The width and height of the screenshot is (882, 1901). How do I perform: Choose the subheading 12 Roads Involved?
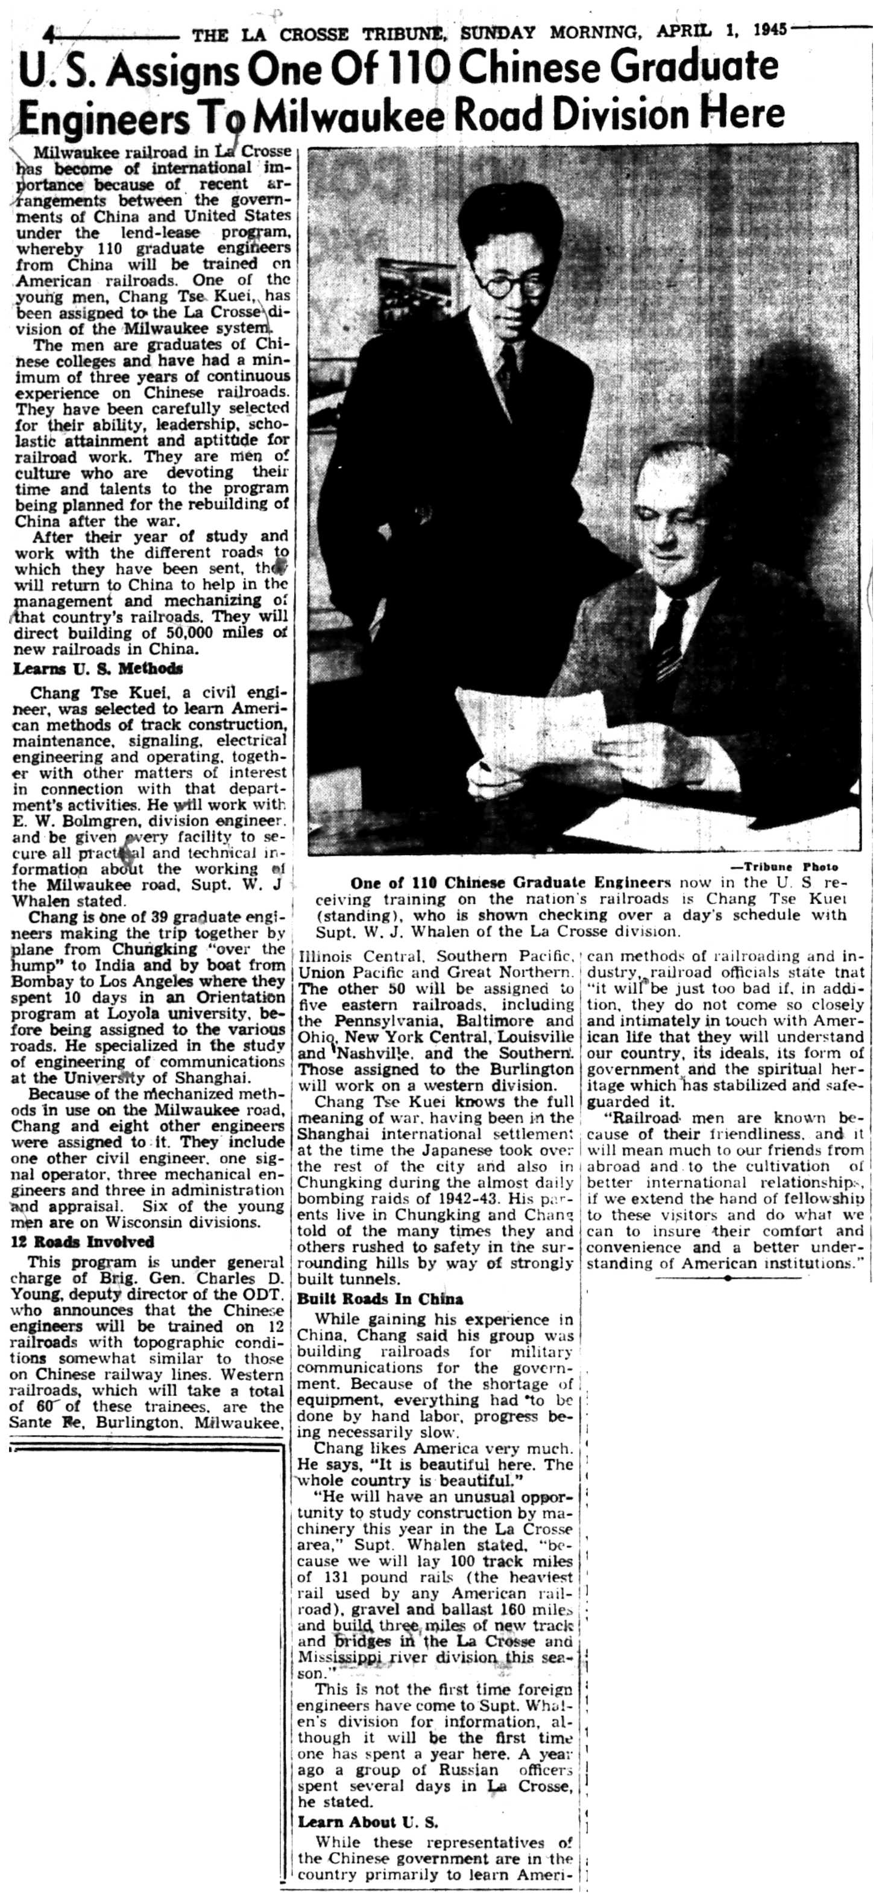click(x=82, y=1241)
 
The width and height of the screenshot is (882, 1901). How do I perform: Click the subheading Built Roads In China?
click(x=380, y=1299)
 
